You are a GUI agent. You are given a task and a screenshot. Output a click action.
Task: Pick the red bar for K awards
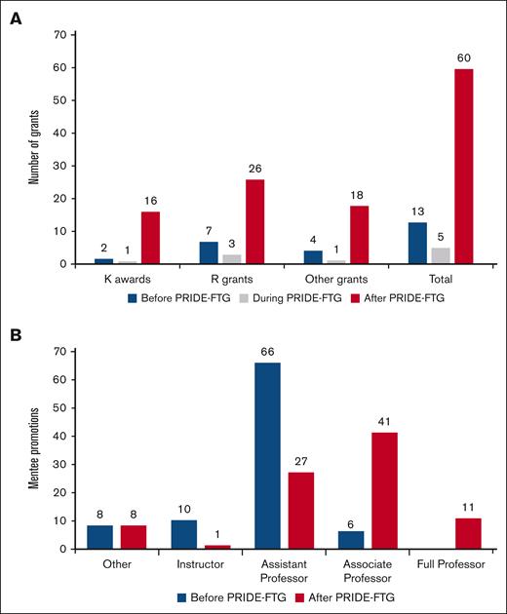pyautogui.click(x=151, y=238)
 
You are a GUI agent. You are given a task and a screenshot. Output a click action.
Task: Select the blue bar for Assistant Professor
pyautogui.click(x=267, y=455)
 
